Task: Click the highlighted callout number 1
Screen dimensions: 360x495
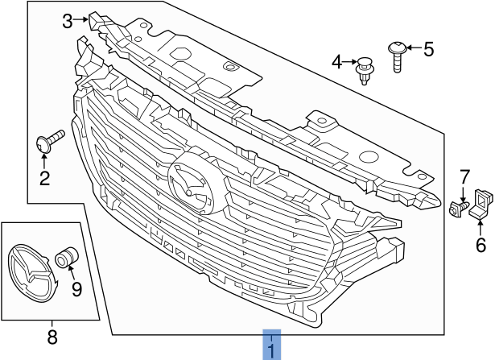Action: (272, 350)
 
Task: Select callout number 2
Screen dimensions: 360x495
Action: (44, 178)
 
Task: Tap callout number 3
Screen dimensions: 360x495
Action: (68, 21)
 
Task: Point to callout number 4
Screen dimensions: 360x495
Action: (336, 61)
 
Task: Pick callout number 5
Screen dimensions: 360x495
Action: (428, 50)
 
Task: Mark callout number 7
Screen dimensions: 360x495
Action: (464, 176)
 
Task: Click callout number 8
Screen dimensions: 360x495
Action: (52, 338)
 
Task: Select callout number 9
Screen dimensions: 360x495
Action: (77, 288)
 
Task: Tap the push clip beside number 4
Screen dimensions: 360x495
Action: (365, 67)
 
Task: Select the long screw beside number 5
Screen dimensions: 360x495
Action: (398, 55)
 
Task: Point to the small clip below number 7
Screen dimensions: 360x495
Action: (460, 208)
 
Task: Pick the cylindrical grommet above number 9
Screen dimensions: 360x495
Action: (65, 259)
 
